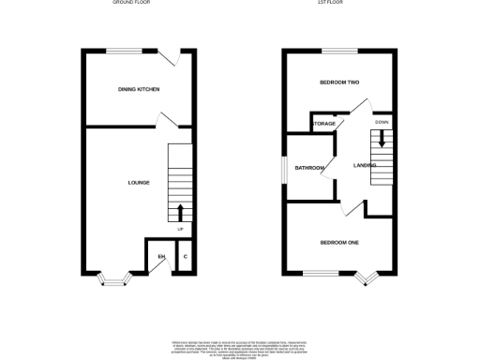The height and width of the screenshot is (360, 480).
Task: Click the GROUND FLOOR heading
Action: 131,3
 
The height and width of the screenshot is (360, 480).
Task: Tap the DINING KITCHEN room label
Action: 139,89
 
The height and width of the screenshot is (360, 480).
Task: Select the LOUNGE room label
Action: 139,183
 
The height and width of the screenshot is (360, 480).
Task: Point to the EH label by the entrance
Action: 160,256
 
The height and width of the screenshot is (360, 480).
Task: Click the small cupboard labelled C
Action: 185,256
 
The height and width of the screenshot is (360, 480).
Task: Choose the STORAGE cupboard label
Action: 323,124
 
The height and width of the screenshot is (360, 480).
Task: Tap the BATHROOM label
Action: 309,168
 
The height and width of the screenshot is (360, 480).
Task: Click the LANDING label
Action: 365,165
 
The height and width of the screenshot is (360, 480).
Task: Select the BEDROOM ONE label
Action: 339,243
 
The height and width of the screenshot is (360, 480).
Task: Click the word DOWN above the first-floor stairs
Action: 382,123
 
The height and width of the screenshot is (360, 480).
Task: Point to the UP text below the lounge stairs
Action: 180,230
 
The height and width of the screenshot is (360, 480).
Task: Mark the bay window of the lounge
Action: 117,277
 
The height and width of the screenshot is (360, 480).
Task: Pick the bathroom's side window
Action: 286,168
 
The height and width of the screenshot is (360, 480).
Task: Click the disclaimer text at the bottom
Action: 239,346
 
